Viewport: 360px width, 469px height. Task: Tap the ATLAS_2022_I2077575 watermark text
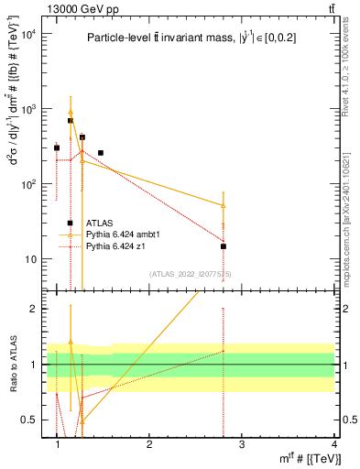click(x=192, y=273)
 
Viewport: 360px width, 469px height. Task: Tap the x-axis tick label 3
click(x=241, y=444)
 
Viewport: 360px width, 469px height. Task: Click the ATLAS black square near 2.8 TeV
click(x=223, y=245)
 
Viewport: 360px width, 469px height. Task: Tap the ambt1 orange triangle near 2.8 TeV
click(x=223, y=205)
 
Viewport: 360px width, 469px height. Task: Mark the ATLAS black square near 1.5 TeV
click(x=100, y=153)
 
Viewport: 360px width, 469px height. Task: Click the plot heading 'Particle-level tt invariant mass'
click(x=191, y=38)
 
